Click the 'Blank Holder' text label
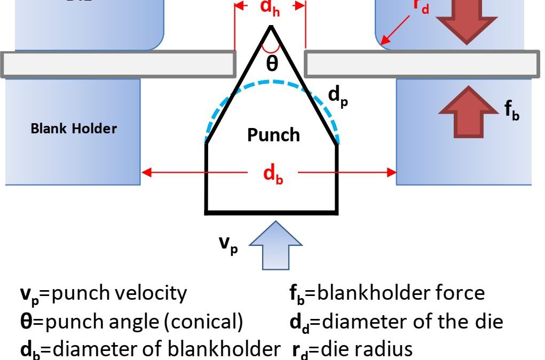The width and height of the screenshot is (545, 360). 73,129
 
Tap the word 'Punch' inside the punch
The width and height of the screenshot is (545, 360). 273,135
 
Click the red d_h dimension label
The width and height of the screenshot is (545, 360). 270,9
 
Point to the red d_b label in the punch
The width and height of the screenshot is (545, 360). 272,174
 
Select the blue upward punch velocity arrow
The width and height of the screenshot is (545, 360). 276,247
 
